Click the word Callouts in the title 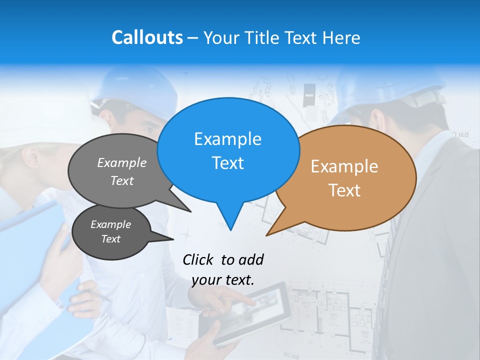click(x=147, y=37)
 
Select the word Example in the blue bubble click(x=227, y=139)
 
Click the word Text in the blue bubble click(x=227, y=163)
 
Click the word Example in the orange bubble click(x=344, y=166)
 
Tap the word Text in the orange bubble click(x=344, y=190)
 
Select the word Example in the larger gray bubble click(x=122, y=163)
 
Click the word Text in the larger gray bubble click(x=122, y=181)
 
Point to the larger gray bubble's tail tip click(x=190, y=211)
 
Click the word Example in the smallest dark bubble click(x=110, y=224)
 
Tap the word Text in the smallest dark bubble click(x=110, y=239)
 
